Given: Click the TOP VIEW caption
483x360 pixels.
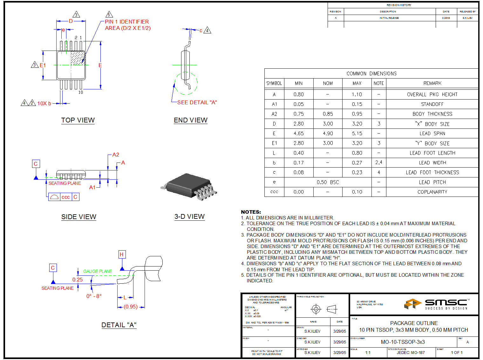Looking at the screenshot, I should pos(78,120).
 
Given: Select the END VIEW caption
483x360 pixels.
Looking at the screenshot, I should pos(190,120).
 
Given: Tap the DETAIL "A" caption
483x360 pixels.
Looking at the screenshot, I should pos(119,325).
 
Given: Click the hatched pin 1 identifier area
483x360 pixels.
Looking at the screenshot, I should pos(78,58).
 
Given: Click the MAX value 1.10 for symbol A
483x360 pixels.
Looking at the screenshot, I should pos(357,94).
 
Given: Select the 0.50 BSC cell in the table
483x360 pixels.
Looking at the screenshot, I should pos(328,182).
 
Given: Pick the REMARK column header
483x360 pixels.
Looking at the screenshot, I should pos(432,83).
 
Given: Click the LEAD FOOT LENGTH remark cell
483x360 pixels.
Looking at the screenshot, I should pos(432,153).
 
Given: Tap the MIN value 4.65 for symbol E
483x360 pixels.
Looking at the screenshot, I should pos(298,134).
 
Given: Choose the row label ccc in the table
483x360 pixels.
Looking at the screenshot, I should pos(274,192).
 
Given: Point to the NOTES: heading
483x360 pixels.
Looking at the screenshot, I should pos(251,212).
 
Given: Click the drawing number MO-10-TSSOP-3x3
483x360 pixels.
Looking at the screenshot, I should pos(403,342).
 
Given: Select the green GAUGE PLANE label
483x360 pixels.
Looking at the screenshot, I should pos(98,271).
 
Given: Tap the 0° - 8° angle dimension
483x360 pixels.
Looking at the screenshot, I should pos(94,296).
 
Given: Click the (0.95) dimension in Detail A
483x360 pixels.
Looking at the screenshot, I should pos(131,307).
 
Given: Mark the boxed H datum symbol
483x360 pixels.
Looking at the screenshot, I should pos(122,254).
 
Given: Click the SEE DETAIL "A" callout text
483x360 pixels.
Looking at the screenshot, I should pos(197,102).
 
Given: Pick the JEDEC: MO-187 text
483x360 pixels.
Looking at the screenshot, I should pos(411,352).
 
